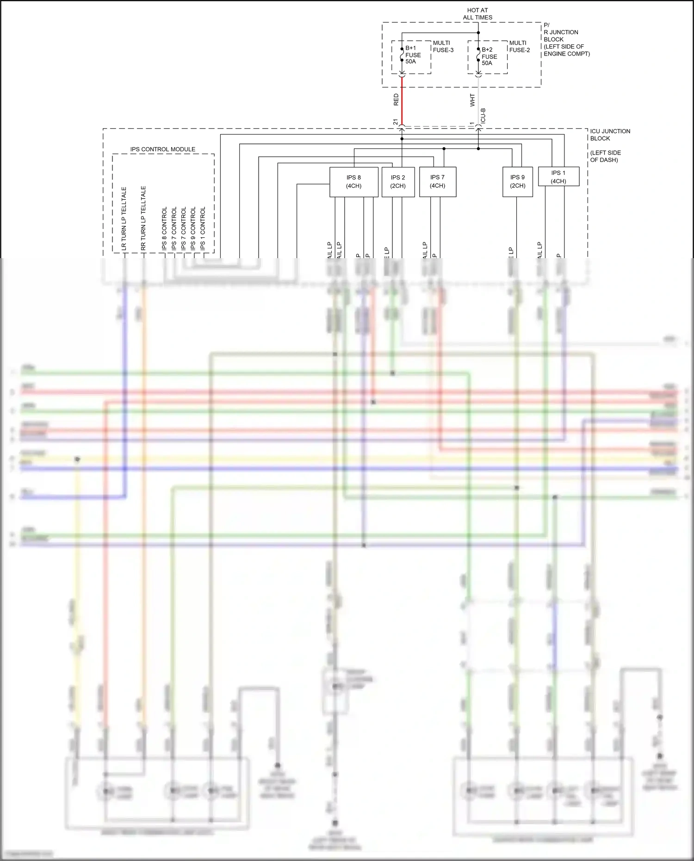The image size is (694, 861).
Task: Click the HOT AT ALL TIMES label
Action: (477, 14)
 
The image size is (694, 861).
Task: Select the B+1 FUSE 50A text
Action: (412, 55)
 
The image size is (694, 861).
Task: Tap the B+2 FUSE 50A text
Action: (489, 56)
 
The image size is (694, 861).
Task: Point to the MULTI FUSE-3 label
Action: (443, 46)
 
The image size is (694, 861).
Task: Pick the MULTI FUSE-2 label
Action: (519, 46)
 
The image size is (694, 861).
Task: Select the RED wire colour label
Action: (396, 100)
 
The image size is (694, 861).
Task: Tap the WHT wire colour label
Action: (472, 100)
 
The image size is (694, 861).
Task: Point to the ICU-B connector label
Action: (483, 116)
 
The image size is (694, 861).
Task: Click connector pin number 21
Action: (396, 122)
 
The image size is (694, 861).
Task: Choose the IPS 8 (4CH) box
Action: (353, 182)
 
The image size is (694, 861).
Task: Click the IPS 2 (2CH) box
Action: (398, 182)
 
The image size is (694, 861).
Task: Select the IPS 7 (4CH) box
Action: (437, 182)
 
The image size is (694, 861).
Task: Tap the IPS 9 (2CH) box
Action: (517, 182)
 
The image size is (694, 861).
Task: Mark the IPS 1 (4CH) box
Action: (558, 177)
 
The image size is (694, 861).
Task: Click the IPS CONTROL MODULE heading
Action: (163, 149)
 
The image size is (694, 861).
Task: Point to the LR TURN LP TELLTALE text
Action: (124, 218)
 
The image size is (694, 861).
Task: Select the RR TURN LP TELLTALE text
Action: (143, 218)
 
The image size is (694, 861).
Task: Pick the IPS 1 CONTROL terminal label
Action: (203, 229)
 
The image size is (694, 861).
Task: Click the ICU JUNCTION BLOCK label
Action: (610, 135)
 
